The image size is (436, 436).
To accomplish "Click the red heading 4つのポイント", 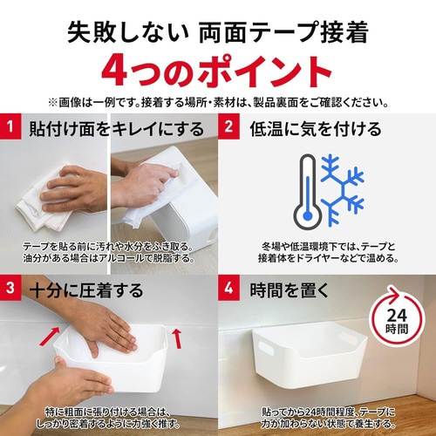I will pyautogui.click(x=218, y=70).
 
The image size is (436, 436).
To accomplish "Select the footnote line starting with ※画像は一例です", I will pyautogui.click(x=218, y=101).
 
